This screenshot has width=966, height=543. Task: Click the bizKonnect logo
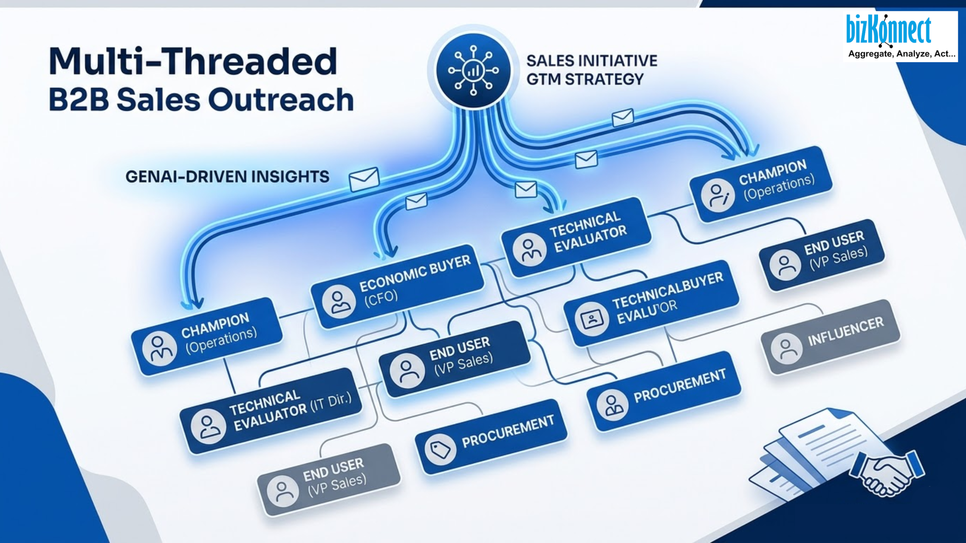(888, 30)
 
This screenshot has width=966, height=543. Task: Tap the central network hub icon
(474, 70)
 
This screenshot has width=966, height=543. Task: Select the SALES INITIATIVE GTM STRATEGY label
(591, 70)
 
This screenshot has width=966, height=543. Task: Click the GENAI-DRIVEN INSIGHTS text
(227, 177)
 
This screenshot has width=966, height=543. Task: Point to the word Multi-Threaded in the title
(193, 62)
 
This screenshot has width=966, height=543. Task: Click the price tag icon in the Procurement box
(440, 449)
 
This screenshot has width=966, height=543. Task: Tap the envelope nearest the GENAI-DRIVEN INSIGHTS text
(364, 179)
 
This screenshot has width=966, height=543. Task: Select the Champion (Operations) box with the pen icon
(761, 184)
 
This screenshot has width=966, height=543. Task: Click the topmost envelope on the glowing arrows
(623, 117)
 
